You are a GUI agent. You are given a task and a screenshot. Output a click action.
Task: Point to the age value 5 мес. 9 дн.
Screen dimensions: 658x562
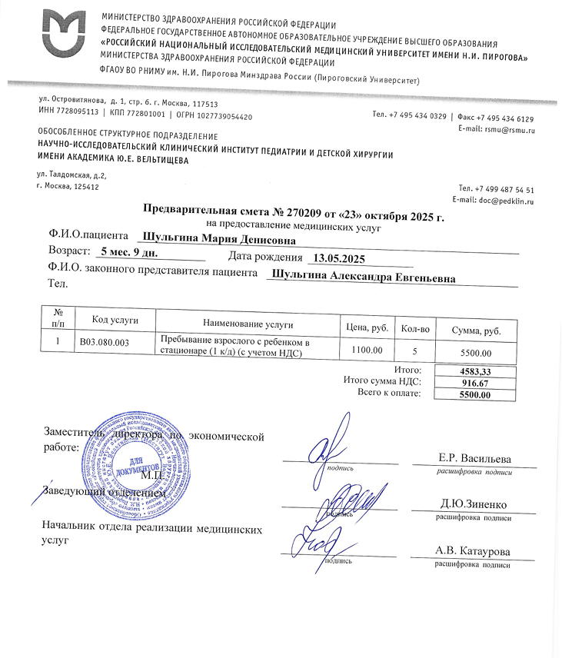pyautogui.click(x=128, y=253)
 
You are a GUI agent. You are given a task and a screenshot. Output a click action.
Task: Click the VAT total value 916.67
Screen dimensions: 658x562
pyautogui.click(x=474, y=383)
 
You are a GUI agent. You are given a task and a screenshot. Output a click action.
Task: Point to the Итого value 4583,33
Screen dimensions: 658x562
pyautogui.click(x=474, y=371)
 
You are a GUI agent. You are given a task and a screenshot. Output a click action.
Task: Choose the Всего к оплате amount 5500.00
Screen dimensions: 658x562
pyautogui.click(x=474, y=395)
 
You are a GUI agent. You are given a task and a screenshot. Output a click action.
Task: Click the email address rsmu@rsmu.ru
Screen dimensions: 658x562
pyautogui.click(x=507, y=129)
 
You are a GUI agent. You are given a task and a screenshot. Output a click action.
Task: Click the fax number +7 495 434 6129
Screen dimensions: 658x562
pyautogui.click(x=505, y=118)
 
